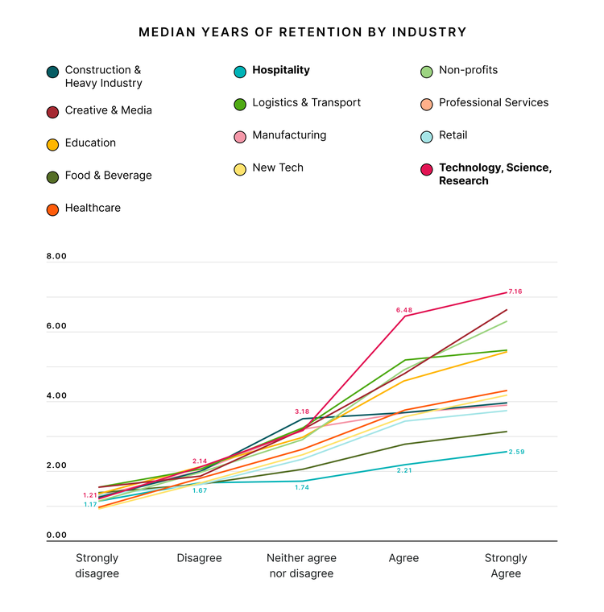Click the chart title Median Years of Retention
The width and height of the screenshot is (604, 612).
coord(302,32)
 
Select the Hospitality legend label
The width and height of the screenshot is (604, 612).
coord(280,70)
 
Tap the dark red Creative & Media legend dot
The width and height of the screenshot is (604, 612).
coord(52,111)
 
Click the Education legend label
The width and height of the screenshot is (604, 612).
coord(90,143)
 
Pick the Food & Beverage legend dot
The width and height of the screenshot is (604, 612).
coord(52,176)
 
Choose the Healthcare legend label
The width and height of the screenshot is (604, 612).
coord(93,208)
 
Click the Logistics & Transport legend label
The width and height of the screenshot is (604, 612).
coord(306,102)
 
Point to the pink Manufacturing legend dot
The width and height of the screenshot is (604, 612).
coord(239,136)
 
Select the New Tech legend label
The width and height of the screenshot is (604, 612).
coord(278,167)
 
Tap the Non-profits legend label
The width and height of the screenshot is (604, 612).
coord(468,70)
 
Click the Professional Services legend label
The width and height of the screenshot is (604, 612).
coord(493,102)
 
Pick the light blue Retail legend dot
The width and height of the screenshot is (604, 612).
coord(426,136)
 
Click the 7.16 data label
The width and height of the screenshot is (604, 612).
coord(515,292)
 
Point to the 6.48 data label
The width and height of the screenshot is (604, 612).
coord(403,310)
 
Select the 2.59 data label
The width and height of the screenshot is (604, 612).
coord(516,452)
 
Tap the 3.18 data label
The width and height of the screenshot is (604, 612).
coord(302,411)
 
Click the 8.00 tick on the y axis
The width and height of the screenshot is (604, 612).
coord(56,257)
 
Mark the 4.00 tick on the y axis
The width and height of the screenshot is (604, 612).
coord(56,396)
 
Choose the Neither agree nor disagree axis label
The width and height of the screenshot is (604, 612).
coord(301,565)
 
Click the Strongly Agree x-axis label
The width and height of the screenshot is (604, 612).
coord(506,565)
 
